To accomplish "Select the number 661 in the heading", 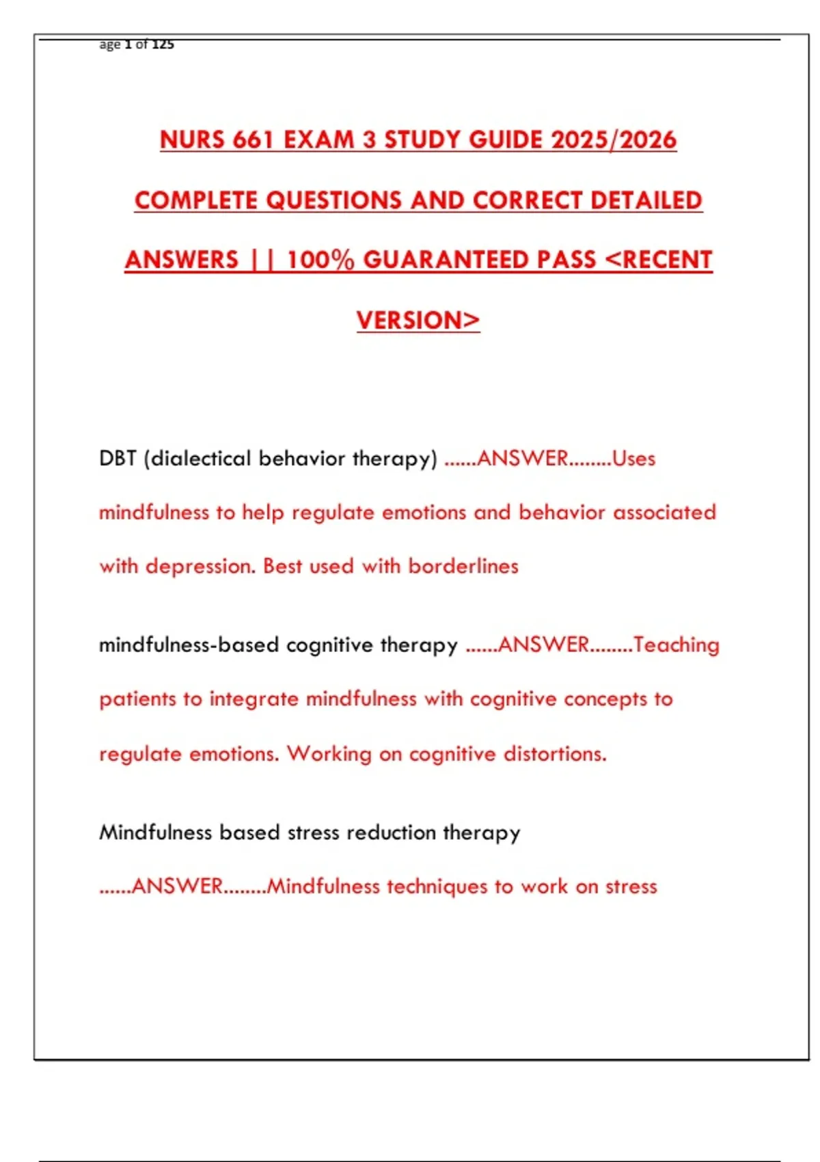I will [253, 140].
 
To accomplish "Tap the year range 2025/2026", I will [614, 140].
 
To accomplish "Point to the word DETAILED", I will [646, 200].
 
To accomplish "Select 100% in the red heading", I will [320, 260].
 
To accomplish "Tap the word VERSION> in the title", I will [418, 321].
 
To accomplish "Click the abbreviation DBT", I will [118, 459].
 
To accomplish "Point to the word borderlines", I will [463, 567].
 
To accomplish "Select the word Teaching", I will [676, 645].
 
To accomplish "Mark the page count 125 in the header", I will [163, 44].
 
